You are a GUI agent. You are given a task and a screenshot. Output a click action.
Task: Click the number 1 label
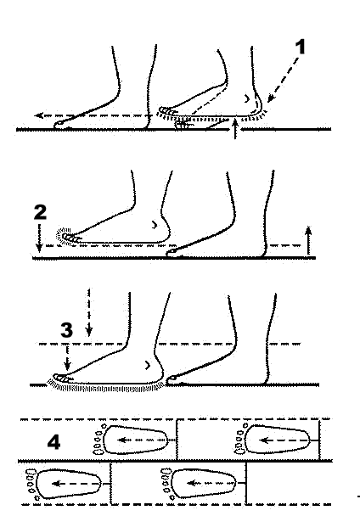[x=300, y=47]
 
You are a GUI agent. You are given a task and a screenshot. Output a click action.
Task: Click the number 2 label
[x=41, y=212]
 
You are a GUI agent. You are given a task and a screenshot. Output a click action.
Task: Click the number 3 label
[x=66, y=330]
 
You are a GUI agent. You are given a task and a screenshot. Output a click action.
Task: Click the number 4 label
[x=53, y=442]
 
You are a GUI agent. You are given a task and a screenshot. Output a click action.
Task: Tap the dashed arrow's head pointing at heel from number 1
[x=270, y=98]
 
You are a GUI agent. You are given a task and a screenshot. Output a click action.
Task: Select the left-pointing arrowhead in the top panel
[x=39, y=115]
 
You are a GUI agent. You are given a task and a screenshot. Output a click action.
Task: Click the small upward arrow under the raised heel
[x=235, y=130]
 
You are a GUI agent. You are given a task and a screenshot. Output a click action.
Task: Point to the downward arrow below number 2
[x=39, y=238]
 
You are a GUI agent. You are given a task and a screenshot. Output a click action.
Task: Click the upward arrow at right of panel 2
[x=308, y=240]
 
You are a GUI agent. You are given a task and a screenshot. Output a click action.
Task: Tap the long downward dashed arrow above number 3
[x=89, y=312]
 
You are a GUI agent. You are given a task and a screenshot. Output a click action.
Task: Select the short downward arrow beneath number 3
[x=67, y=358]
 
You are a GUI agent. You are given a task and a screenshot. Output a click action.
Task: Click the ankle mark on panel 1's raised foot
[x=246, y=98]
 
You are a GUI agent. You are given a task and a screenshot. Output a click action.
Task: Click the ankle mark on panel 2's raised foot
[x=155, y=225]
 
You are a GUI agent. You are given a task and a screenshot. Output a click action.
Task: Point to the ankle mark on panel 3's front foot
[x=148, y=365]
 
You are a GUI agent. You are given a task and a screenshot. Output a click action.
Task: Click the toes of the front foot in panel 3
[x=62, y=379]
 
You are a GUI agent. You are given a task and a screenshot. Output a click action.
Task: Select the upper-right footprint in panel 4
[x=272, y=440]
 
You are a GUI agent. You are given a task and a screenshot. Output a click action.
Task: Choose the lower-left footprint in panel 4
[x=64, y=484]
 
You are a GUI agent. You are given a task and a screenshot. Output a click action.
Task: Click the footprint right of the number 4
[x=131, y=440]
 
